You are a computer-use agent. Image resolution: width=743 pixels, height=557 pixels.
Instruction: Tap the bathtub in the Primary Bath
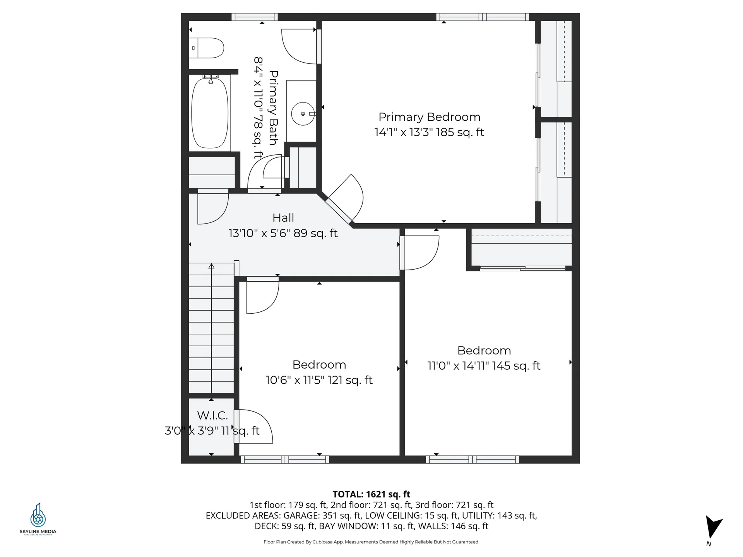[210, 112]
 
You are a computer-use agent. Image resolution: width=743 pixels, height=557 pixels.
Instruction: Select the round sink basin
[303, 114]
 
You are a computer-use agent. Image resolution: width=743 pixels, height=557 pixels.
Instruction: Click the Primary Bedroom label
[429, 117]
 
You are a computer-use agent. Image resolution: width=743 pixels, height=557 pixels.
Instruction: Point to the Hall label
[283, 218]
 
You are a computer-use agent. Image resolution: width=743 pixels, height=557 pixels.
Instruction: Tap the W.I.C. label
[212, 415]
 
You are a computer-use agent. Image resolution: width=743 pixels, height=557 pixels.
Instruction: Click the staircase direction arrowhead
[211, 266]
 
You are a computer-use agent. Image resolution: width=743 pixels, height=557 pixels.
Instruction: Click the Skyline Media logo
[38, 519]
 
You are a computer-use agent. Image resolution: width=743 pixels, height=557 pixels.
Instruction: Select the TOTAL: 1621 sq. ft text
[371, 494]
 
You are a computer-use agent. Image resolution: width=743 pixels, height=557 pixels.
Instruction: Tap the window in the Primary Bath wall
[255, 17]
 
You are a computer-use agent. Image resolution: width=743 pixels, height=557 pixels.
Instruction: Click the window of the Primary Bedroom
[483, 17]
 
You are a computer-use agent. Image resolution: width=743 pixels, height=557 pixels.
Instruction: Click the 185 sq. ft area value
[460, 132]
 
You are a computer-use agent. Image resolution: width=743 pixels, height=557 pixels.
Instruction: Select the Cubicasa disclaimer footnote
[371, 542]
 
